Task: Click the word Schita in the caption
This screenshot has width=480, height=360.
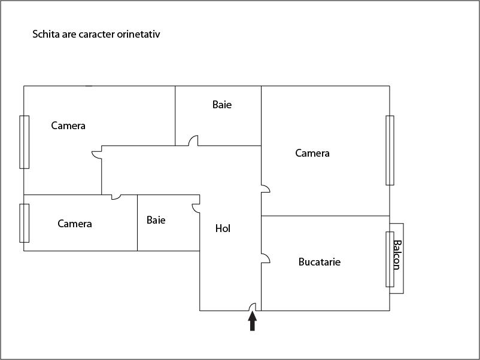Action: coord(45,35)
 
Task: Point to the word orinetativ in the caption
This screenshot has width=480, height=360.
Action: coord(138,35)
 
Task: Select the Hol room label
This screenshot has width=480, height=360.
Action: coord(223,228)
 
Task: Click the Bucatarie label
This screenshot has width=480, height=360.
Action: coord(319,262)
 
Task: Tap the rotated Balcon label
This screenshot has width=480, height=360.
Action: coord(396,255)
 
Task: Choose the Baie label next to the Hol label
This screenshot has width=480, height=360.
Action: coord(156,220)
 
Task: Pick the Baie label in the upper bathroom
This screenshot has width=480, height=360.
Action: coord(221,105)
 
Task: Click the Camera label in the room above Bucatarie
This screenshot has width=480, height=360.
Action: coord(312,153)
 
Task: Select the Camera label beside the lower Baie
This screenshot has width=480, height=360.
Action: coord(75,224)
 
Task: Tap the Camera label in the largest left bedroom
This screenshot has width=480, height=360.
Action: coord(68,126)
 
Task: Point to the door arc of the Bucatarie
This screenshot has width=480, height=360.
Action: coord(266,258)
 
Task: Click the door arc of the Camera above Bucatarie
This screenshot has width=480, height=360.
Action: coord(266,188)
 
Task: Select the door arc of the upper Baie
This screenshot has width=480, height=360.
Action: coord(193,141)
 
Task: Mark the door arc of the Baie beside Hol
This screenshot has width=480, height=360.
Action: coord(196,208)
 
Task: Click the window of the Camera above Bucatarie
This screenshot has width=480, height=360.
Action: coord(390,150)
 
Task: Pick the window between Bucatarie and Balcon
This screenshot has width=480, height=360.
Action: coord(390,258)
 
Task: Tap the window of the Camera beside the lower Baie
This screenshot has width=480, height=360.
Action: coord(25,223)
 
